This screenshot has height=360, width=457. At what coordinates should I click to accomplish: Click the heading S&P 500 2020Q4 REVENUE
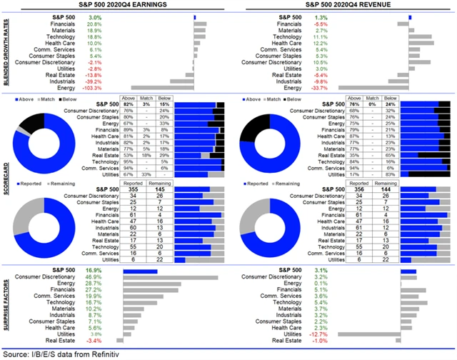343,6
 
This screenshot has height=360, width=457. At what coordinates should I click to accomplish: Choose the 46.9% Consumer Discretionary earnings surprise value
94,277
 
